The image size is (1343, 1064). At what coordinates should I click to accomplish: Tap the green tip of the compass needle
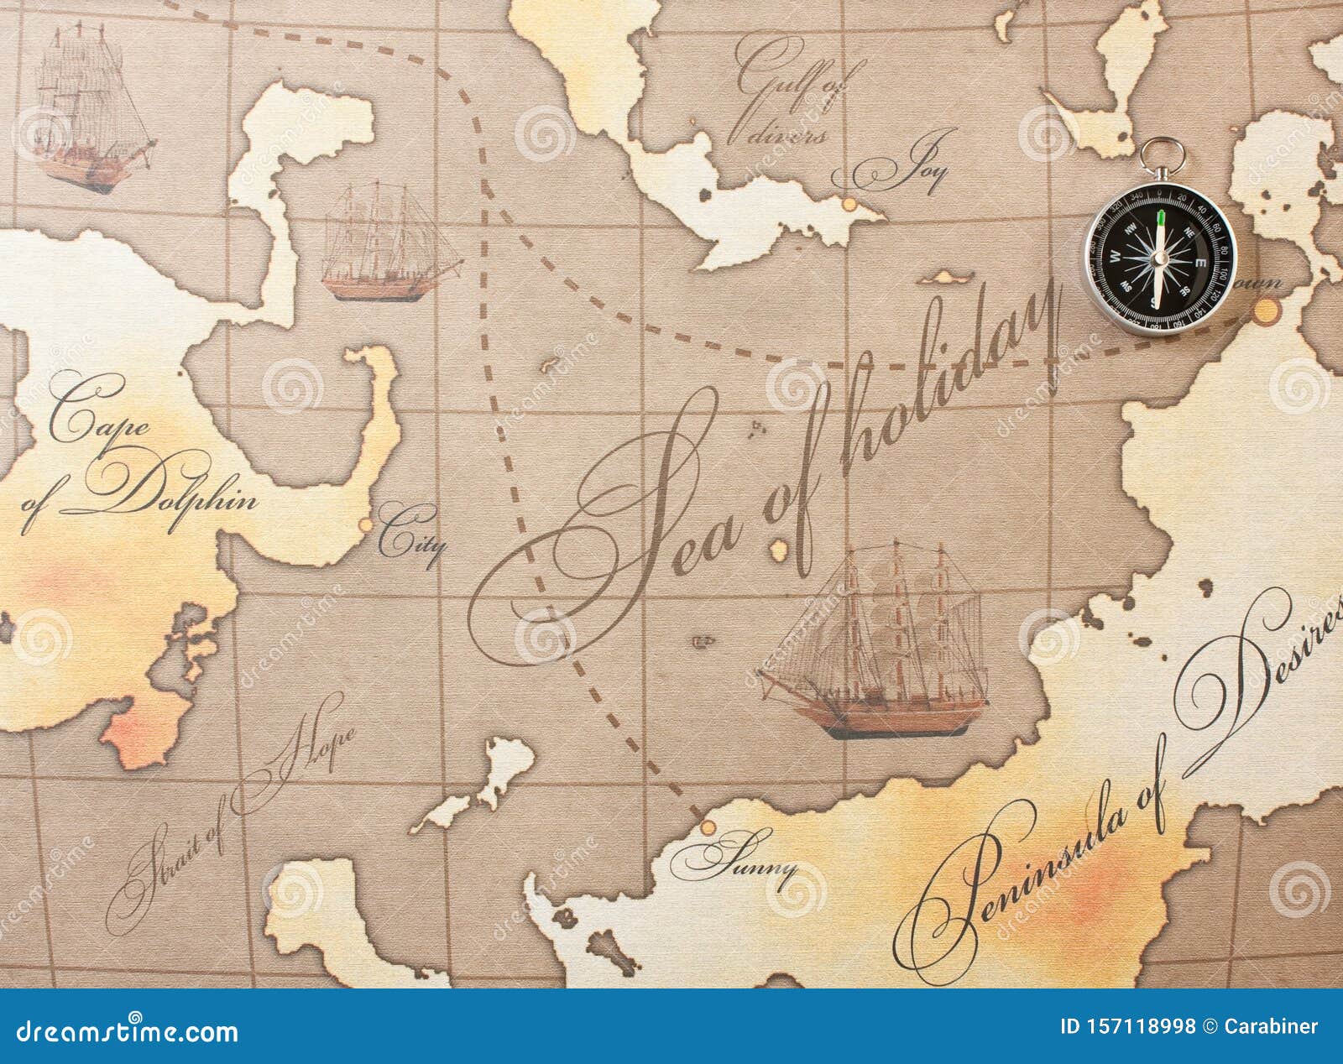click(1160, 221)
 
